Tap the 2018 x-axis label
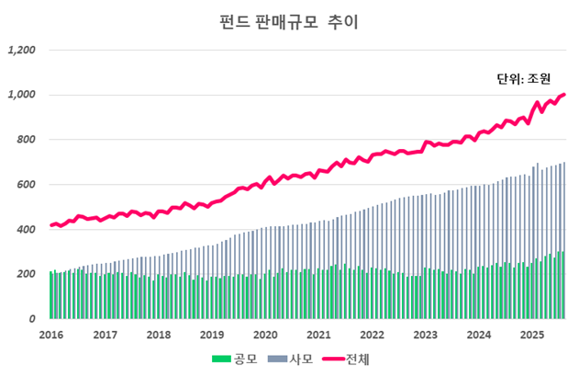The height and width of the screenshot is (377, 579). [159, 335]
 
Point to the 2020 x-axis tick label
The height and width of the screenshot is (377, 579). [265, 335]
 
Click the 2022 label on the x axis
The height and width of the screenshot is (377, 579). [372, 335]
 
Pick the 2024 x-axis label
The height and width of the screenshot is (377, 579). [478, 335]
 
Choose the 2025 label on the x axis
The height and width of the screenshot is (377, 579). [531, 335]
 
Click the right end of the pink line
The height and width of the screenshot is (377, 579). [564, 94]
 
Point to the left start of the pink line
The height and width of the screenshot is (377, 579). [51, 225]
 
